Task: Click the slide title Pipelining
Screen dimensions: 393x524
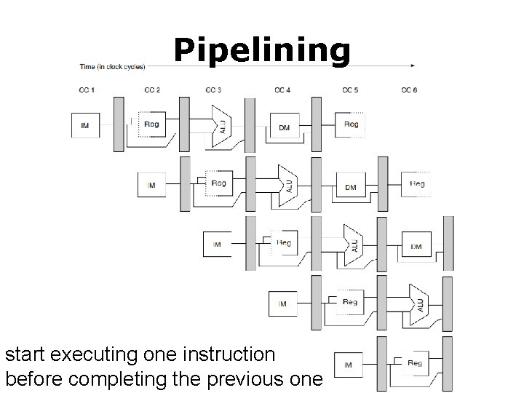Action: coord(262,50)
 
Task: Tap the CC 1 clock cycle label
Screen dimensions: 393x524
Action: coord(86,90)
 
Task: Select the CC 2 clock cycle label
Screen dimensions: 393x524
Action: coord(151,90)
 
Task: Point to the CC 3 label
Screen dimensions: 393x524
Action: coord(213,90)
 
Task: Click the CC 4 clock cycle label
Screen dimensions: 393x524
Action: coord(282,90)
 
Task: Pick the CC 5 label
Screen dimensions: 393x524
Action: coord(350,90)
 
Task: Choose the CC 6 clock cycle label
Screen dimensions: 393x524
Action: coord(410,90)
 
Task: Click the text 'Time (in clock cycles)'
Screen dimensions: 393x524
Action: coord(112,67)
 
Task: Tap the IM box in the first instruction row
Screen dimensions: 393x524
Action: coord(85,126)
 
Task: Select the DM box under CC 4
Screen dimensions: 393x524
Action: coord(284,127)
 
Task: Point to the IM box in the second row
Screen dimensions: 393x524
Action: coord(151,186)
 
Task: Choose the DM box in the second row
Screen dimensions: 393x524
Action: coord(350,187)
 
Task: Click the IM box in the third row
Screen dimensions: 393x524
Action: coord(217,245)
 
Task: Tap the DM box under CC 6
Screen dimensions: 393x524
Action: coord(416,246)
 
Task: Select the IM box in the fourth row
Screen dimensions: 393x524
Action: coord(282,303)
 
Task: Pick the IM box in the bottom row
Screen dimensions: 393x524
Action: coord(348,364)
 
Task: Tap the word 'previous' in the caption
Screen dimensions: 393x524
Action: coord(233,378)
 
